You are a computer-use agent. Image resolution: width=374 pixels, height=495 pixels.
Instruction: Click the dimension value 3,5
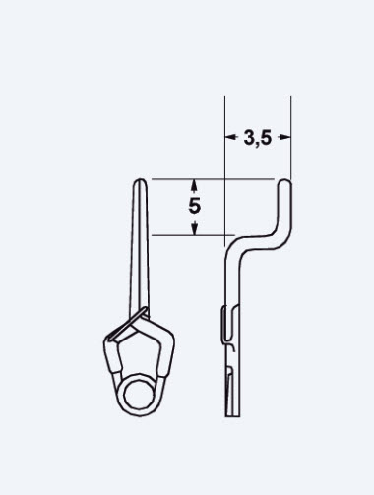point(258,138)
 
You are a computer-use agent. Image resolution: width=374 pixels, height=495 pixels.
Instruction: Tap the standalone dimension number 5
point(194,206)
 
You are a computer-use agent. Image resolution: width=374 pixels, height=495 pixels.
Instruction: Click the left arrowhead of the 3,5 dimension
point(231,137)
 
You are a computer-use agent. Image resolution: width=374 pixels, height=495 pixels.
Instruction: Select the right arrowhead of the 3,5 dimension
point(284,137)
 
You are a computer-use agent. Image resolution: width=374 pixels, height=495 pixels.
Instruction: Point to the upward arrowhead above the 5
point(194,185)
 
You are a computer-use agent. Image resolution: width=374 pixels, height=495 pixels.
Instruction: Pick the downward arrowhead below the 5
point(194,228)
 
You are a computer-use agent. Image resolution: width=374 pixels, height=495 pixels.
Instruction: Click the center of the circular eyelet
point(140,395)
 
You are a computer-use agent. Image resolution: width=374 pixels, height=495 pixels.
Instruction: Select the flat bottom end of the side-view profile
point(232,416)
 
